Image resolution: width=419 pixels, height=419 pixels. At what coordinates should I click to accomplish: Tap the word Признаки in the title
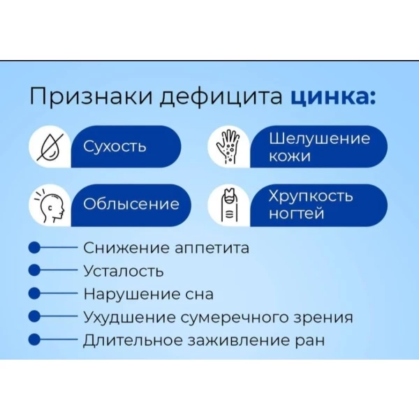[91, 96]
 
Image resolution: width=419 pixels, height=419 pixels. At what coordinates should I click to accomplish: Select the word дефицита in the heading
[221, 97]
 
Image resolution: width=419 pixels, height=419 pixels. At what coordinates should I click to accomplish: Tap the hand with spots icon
[228, 146]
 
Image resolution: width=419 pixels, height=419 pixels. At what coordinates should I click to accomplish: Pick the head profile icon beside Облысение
[50, 205]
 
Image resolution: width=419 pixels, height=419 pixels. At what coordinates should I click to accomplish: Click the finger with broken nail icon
[230, 205]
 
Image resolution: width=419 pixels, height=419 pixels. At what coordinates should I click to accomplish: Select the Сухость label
[115, 147]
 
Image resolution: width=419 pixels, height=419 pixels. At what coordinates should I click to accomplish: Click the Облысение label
[131, 204]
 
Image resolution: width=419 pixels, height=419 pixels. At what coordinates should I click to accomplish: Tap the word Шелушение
[320, 138]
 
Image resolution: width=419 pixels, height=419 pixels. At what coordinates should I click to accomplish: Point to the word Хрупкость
[311, 197]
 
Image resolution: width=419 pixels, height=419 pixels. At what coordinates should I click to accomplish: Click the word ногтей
[296, 214]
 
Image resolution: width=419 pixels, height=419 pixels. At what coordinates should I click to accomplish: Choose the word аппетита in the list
[212, 249]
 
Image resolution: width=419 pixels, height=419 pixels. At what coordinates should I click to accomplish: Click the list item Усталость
[124, 271]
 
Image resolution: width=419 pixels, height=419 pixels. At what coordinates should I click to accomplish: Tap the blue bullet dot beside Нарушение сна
[34, 293]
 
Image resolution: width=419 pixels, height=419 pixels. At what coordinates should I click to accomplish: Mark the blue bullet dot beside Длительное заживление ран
[34, 339]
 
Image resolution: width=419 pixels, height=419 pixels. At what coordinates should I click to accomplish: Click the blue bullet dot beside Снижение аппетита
[34, 248]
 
